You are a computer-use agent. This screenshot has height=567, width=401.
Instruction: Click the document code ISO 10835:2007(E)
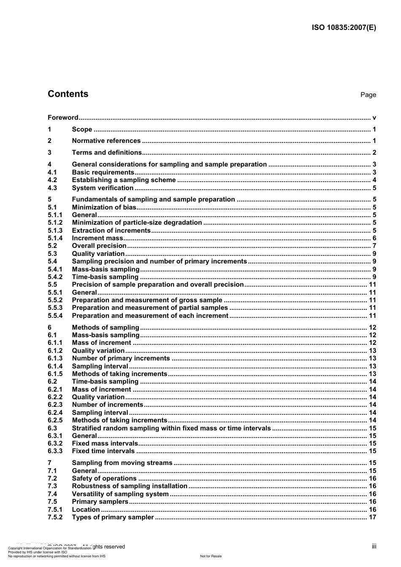[344, 28]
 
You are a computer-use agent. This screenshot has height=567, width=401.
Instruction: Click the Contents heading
[68, 94]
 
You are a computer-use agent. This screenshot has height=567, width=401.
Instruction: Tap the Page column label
[368, 95]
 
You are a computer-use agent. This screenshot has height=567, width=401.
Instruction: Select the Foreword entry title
[63, 118]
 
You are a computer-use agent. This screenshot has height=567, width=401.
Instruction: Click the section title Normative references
[106, 141]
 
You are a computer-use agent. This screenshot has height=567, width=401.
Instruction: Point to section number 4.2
[52, 180]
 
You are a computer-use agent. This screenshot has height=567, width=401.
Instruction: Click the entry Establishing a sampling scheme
[124, 180]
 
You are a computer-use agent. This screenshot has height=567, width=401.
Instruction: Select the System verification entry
[103, 188]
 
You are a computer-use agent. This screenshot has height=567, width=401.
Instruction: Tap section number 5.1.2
[55, 223]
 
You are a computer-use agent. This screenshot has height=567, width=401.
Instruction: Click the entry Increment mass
[97, 238]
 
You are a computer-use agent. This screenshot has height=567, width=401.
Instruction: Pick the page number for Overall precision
[374, 246]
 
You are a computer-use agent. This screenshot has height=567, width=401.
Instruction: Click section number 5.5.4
[55, 316]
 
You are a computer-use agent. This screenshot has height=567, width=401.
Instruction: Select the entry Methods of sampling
[106, 328]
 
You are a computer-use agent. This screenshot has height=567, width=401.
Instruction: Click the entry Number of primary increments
[121, 358]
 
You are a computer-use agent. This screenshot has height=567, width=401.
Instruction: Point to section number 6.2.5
[55, 420]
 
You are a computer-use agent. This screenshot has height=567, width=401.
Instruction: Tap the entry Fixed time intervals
[103, 451]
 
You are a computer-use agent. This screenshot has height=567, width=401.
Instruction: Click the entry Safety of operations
[104, 478]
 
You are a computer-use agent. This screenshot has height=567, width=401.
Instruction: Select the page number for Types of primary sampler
[372, 517]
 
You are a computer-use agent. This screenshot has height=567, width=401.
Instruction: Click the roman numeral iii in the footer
[374, 546]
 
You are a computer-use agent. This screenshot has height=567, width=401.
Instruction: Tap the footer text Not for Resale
[211, 556]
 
